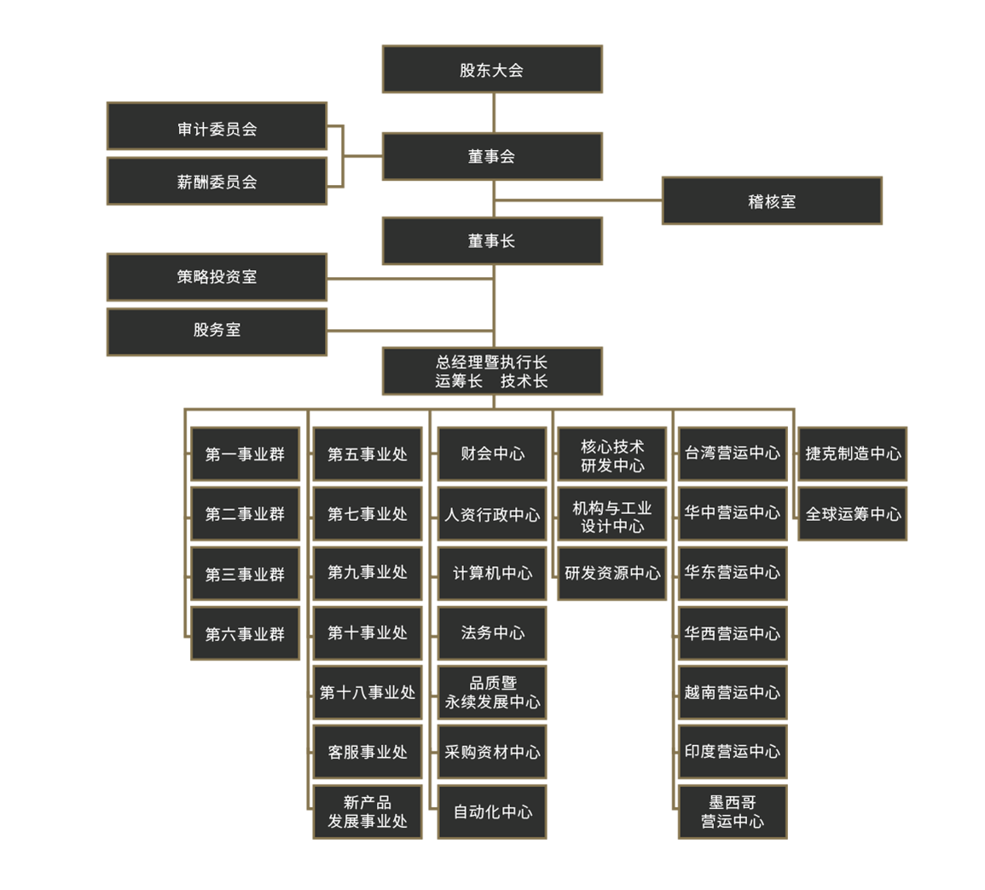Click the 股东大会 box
pos(493,69)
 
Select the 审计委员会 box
pos(217,125)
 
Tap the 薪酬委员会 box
pos(217,181)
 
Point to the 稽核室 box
pos(772,200)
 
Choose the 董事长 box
pos(493,240)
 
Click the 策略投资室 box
pos(217,277)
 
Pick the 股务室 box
pos(217,332)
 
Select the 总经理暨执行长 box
pos(493,371)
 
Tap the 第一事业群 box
pos(245,454)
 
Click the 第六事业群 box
pos(245,633)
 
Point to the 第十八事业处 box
pos(368,692)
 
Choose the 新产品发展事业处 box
pos(368,812)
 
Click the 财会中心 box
pos(493,454)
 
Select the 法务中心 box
pos(493,633)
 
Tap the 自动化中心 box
pos(493,812)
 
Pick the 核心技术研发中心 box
pos(611,454)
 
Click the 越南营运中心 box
pos(733,692)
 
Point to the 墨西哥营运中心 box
pos(733,812)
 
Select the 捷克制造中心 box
pos(853,454)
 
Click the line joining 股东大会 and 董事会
pos(494,113)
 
